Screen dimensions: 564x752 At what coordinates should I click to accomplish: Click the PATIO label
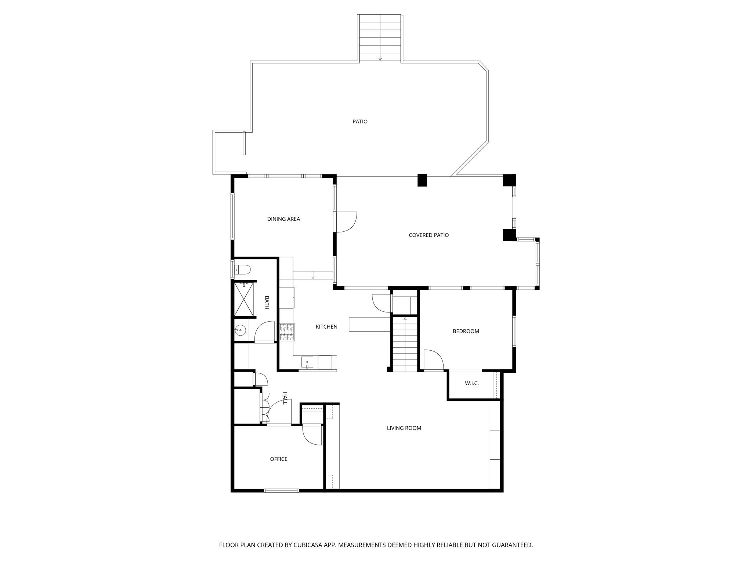pyautogui.click(x=360, y=122)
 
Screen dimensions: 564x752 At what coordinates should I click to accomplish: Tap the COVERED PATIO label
pyautogui.click(x=429, y=235)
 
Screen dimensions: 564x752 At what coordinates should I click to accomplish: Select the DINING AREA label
pyautogui.click(x=283, y=219)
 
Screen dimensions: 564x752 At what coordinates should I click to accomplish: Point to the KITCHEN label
pyautogui.click(x=326, y=326)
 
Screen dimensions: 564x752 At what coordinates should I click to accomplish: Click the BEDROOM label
pyautogui.click(x=466, y=331)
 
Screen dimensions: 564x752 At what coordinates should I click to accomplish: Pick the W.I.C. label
pyautogui.click(x=471, y=383)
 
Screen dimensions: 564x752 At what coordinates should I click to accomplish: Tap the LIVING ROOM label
pyautogui.click(x=404, y=428)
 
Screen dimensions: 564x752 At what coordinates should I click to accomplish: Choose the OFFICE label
pyautogui.click(x=279, y=459)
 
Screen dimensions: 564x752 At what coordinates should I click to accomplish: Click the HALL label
pyautogui.click(x=285, y=398)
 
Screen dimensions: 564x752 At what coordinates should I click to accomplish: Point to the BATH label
pyautogui.click(x=267, y=303)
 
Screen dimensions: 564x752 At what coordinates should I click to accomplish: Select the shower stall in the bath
pyautogui.click(x=245, y=299)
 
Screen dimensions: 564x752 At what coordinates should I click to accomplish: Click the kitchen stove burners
pyautogui.click(x=287, y=332)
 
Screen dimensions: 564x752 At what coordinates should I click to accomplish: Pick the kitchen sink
pyautogui.click(x=307, y=362)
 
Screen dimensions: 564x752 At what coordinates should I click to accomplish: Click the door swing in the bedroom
pyautogui.click(x=434, y=360)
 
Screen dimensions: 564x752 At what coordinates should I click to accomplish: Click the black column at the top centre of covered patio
pyautogui.click(x=422, y=180)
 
